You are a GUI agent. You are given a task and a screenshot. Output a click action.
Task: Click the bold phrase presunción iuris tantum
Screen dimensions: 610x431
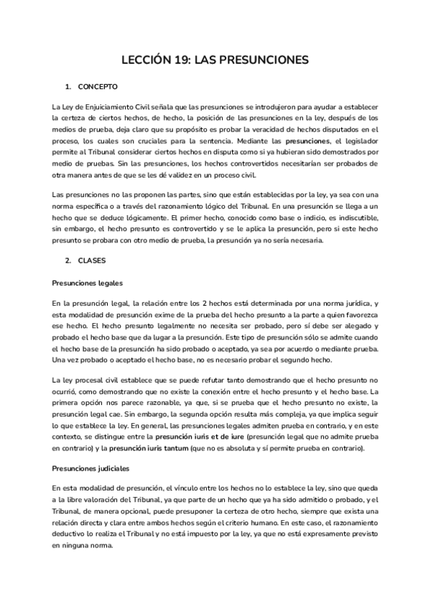click(171, 449)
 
